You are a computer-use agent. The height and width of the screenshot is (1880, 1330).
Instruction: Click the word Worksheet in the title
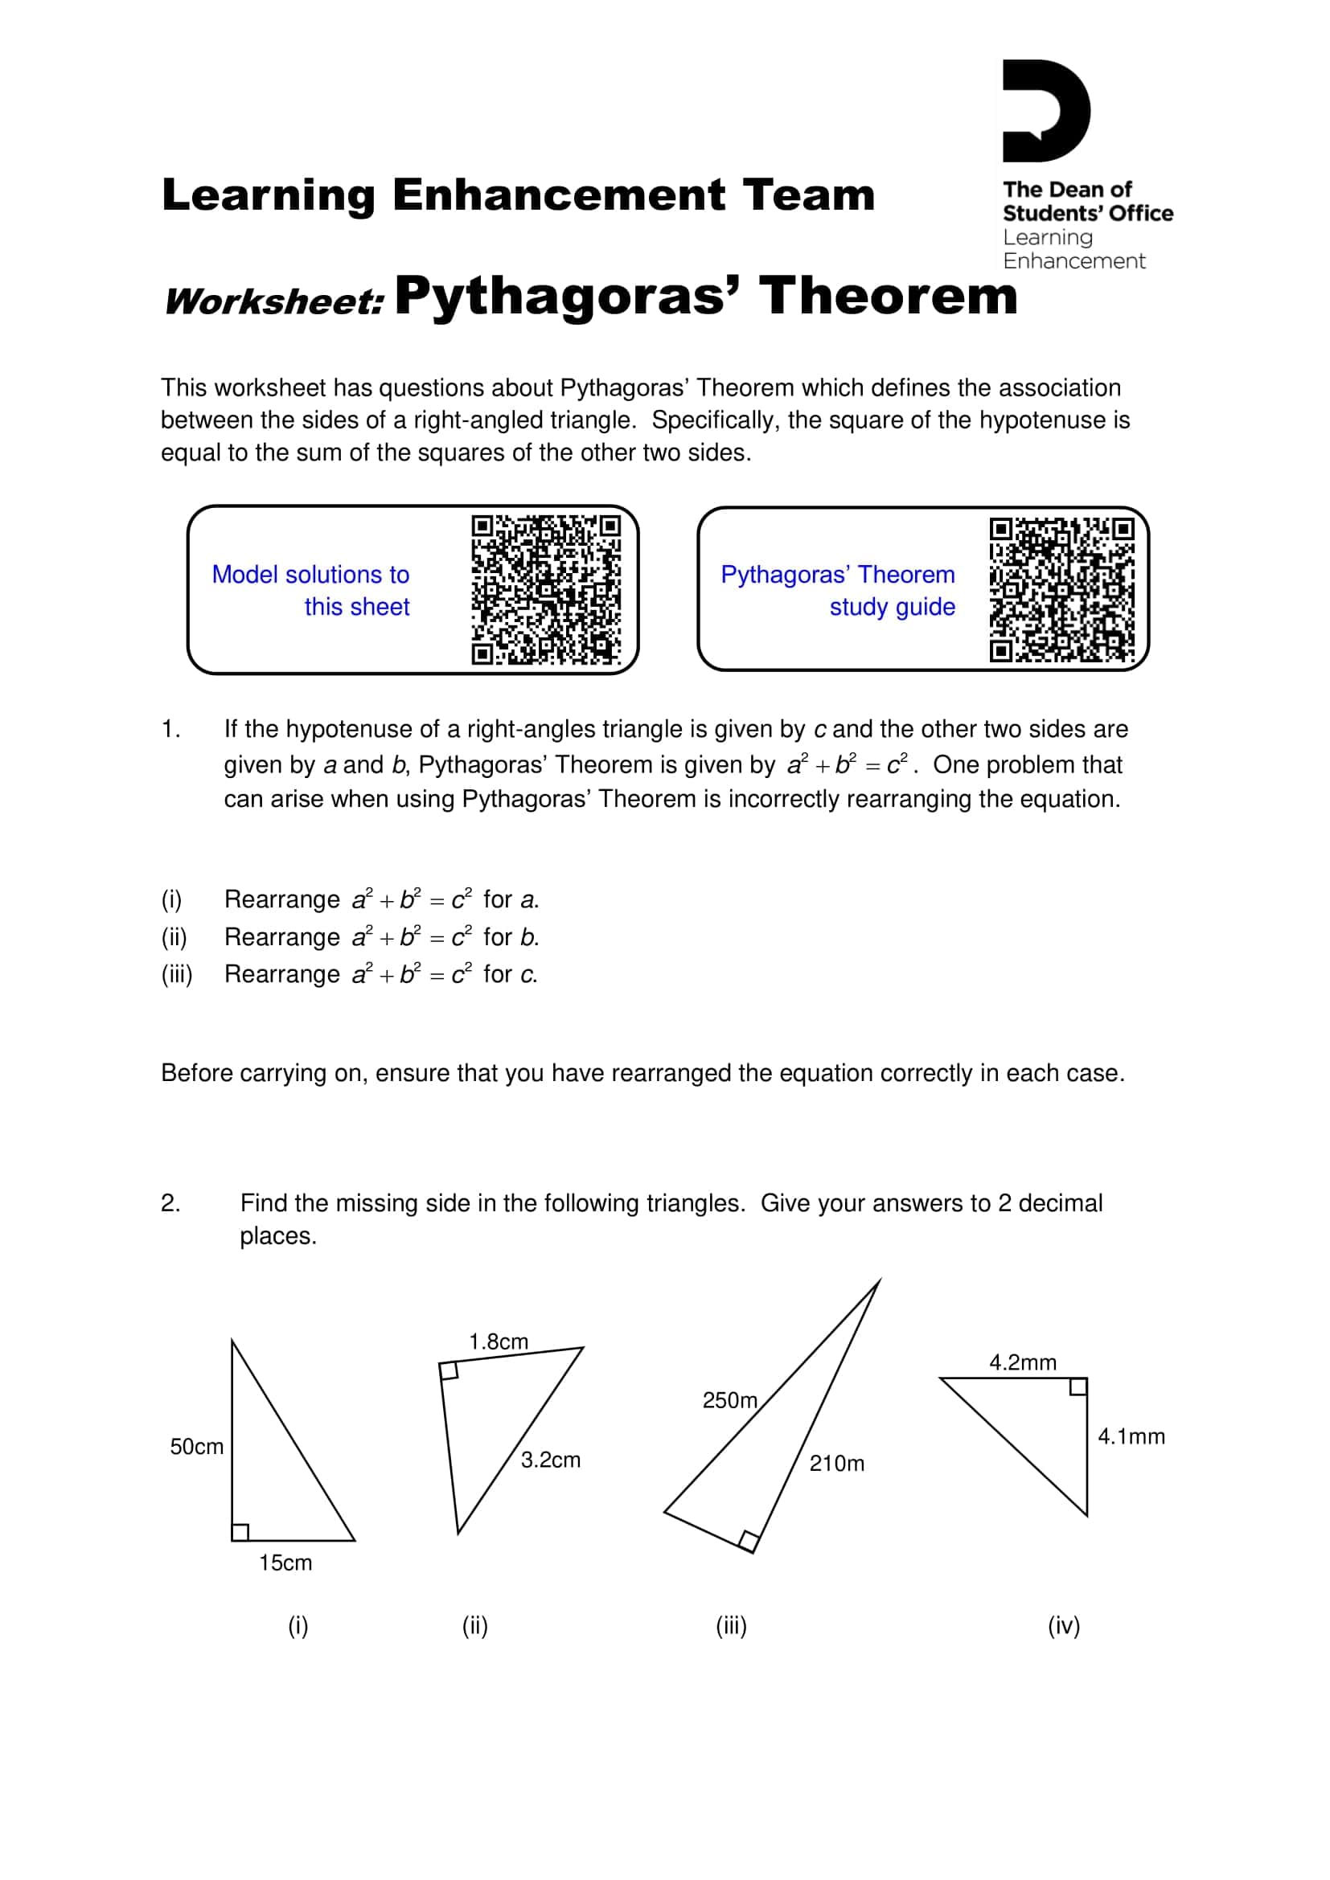(x=274, y=301)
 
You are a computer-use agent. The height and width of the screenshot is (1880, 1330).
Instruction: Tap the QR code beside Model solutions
(x=545, y=589)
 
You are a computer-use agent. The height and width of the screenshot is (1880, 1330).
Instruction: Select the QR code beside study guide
(x=1062, y=589)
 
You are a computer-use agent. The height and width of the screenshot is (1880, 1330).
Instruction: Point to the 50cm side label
(x=196, y=1447)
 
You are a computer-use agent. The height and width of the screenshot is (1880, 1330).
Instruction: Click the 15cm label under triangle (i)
(x=285, y=1563)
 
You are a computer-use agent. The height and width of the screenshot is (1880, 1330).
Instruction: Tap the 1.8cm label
(x=498, y=1341)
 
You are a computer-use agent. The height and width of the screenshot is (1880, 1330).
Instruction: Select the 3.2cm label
(x=550, y=1459)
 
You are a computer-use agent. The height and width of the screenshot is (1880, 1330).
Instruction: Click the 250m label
(x=729, y=1400)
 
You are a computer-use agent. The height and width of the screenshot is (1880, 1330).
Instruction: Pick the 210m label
(x=836, y=1463)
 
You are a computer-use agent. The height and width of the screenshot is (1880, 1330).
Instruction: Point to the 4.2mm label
(x=1022, y=1362)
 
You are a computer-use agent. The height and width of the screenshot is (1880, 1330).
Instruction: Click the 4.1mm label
(x=1131, y=1436)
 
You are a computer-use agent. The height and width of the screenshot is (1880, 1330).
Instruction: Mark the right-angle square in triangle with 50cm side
(x=240, y=1532)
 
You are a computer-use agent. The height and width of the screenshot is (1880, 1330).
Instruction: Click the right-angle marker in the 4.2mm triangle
(x=1078, y=1387)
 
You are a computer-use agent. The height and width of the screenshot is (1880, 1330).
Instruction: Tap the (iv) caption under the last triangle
(x=1064, y=1625)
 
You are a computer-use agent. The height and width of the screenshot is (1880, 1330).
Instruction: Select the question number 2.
(x=170, y=1203)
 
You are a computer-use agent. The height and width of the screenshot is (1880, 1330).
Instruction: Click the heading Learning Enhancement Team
(x=519, y=195)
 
